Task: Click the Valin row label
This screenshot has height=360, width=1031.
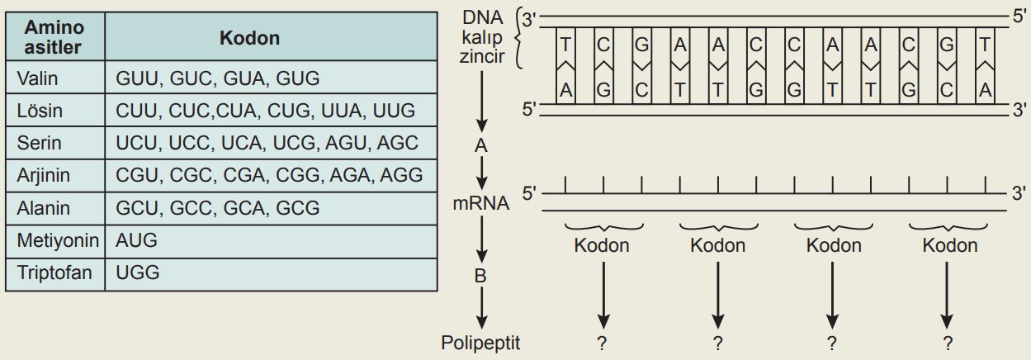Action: [38, 78]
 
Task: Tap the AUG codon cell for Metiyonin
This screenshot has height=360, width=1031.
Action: [136, 240]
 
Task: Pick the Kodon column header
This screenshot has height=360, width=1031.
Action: [249, 38]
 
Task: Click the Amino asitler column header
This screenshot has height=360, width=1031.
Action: [54, 37]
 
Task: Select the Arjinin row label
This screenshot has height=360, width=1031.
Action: [43, 175]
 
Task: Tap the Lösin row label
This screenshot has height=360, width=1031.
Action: [40, 111]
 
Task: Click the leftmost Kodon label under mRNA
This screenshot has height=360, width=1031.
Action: [602, 245]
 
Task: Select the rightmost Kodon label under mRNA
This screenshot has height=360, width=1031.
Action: [949, 245]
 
